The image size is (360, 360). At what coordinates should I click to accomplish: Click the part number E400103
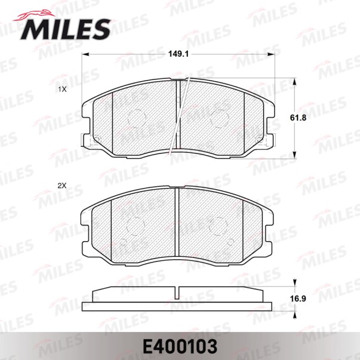tap(180, 346)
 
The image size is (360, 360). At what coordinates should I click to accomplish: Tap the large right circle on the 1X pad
tap(220, 118)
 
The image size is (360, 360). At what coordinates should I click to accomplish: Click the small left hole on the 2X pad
tap(124, 243)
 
